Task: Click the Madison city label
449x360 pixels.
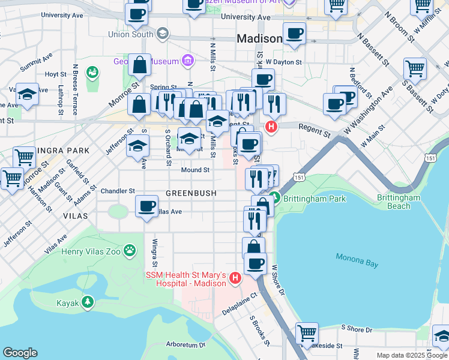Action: point(259,38)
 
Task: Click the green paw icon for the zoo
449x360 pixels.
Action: point(129,249)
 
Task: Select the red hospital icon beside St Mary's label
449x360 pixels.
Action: point(235,278)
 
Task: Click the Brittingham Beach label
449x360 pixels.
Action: point(394,202)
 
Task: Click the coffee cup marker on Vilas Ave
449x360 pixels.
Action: point(146,206)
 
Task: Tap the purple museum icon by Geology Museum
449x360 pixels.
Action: point(188,61)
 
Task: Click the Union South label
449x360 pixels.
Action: point(130,34)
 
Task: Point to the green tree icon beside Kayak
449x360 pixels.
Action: point(88,302)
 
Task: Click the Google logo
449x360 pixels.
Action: point(20,352)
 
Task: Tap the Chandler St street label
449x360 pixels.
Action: point(118,191)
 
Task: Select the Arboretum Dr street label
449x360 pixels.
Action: point(186,345)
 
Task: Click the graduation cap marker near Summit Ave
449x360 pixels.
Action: point(27,94)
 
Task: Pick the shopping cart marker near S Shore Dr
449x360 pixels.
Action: point(307,332)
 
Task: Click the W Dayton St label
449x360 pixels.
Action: point(282,61)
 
